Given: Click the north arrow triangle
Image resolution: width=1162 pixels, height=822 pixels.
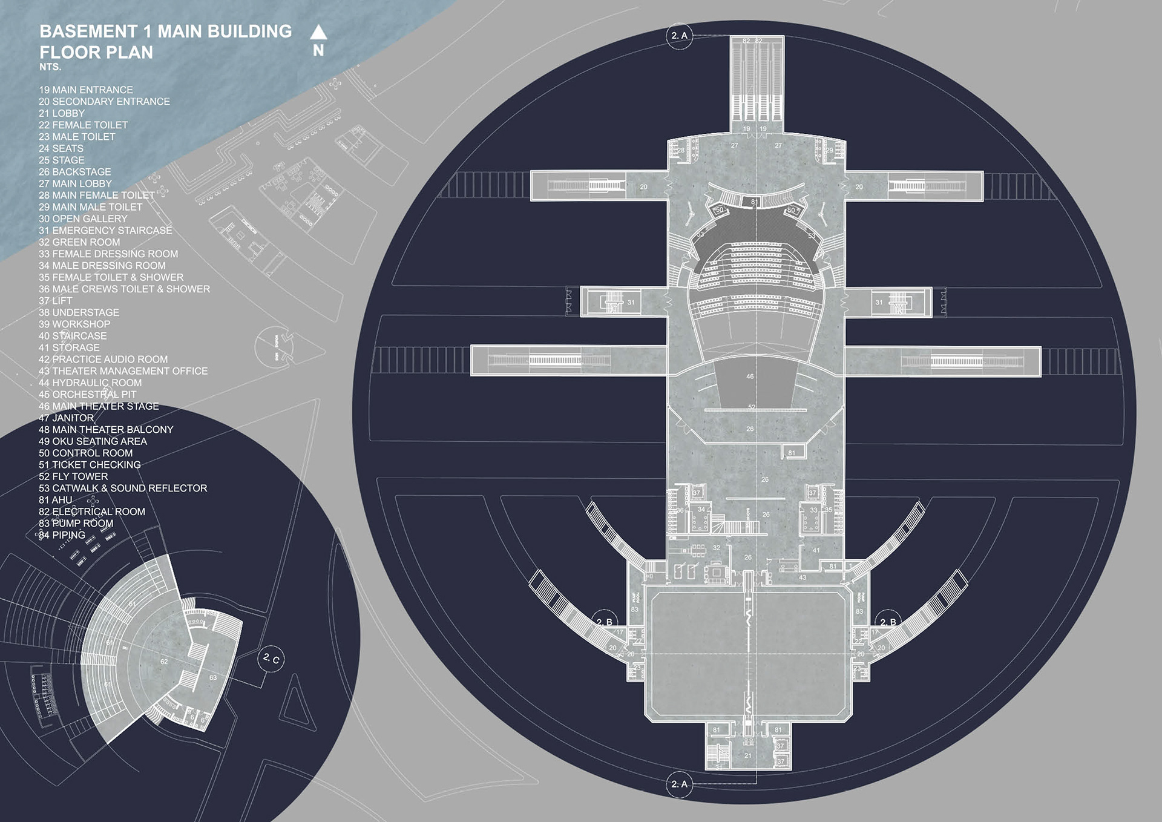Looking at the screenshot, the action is click(318, 32).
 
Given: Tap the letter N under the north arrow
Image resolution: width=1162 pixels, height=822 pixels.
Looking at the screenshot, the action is click(318, 51).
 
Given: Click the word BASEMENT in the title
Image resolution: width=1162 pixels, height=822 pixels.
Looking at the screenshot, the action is click(88, 31).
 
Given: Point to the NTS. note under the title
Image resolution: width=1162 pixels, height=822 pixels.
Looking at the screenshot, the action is click(50, 67).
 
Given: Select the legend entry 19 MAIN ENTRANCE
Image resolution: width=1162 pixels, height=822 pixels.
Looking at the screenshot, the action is click(86, 90).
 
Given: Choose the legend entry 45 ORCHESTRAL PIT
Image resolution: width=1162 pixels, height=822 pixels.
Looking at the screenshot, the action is click(88, 395).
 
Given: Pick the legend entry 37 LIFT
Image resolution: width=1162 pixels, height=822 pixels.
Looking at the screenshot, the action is click(56, 301).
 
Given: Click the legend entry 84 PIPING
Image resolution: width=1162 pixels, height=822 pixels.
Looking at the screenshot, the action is click(62, 535).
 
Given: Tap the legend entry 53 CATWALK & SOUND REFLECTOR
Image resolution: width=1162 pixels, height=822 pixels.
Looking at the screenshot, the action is click(123, 488).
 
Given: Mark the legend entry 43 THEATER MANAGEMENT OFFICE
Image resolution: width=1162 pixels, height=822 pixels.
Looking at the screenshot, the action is click(123, 371).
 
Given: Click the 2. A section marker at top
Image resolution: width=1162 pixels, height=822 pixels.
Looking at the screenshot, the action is click(679, 36).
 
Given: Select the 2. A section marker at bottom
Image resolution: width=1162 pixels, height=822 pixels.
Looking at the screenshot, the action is click(679, 784).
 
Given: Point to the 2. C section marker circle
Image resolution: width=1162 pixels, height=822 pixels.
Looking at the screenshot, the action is click(271, 659).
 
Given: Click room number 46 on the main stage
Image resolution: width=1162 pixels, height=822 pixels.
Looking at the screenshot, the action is click(750, 376).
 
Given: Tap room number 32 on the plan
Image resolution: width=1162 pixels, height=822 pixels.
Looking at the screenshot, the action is click(717, 548).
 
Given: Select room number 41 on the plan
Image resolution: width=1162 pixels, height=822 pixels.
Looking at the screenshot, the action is click(816, 550).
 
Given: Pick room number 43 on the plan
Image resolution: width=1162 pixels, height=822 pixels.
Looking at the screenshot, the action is click(803, 577).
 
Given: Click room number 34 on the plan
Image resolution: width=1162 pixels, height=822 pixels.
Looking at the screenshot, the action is click(701, 510).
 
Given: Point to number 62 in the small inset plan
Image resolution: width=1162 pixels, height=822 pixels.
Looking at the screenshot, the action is click(164, 662).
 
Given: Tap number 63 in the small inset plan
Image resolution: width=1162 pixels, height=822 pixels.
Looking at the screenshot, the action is click(213, 677).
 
